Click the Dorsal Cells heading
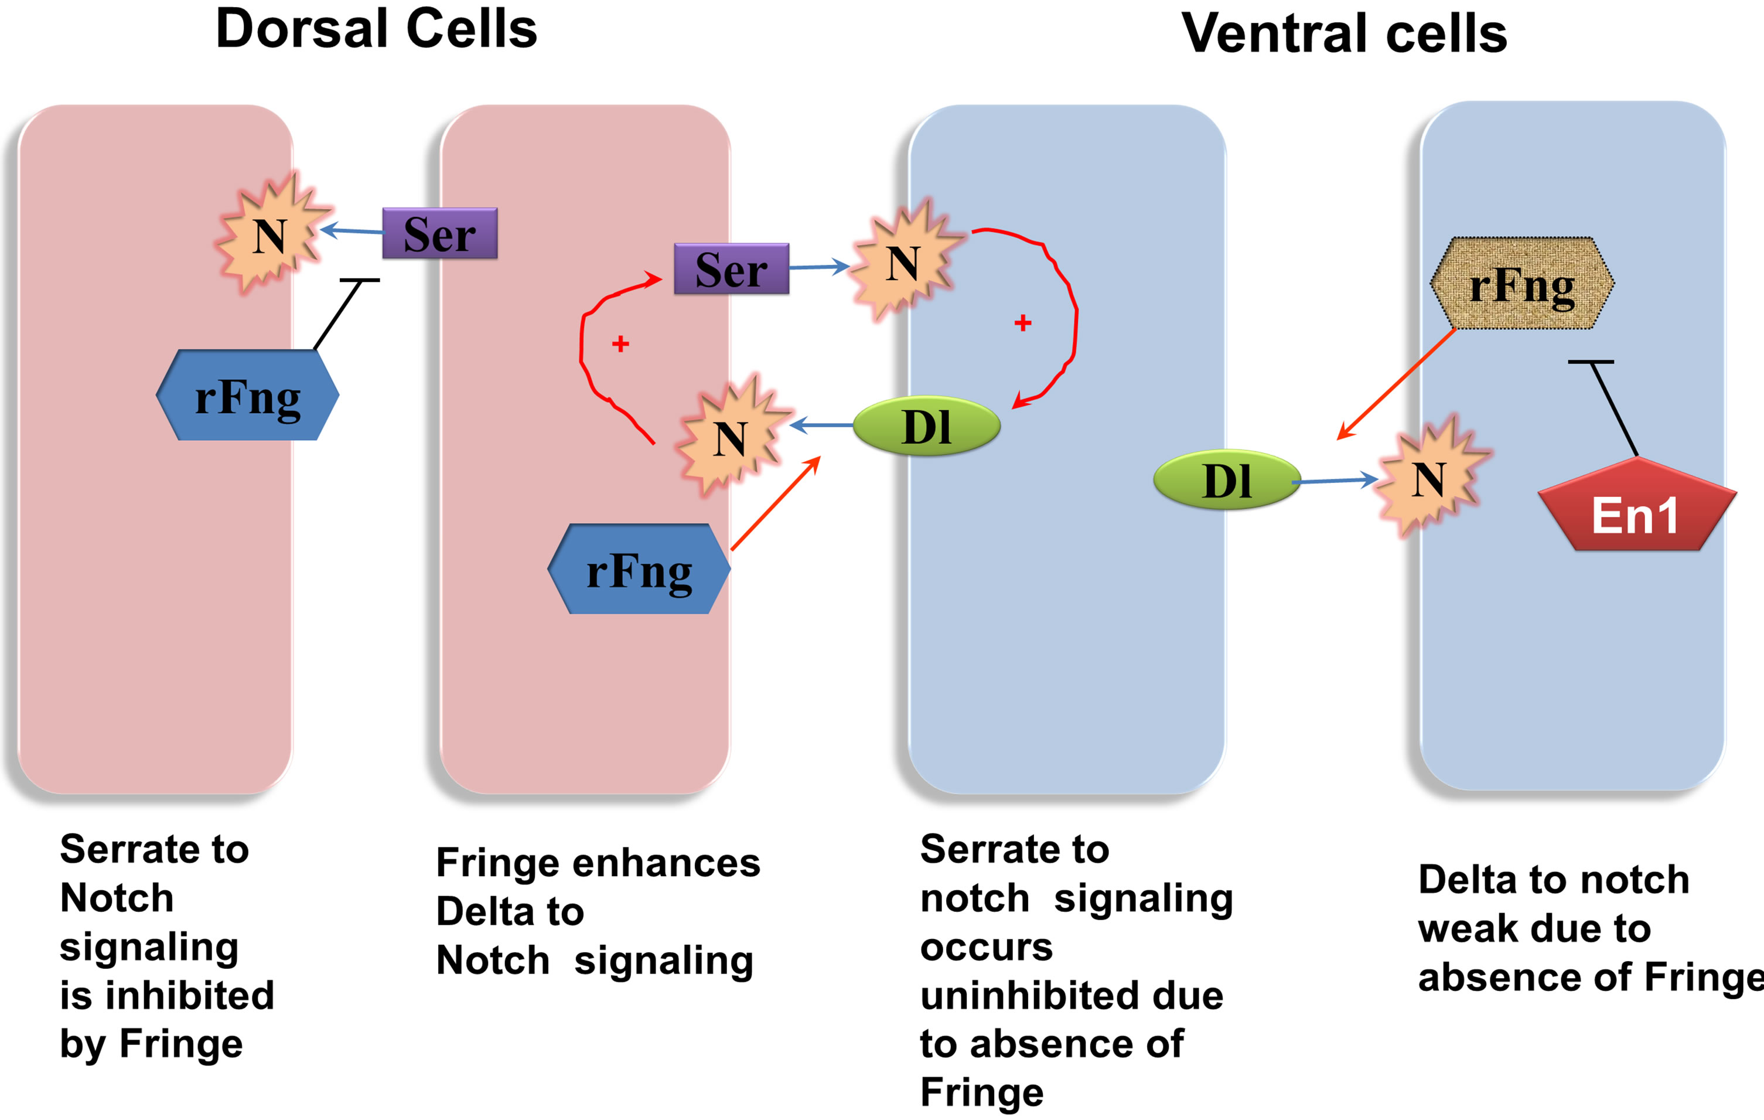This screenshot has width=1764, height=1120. (x=377, y=29)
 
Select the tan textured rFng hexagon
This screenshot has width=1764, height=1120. (x=1522, y=283)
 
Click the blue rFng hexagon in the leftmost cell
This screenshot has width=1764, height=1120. (x=248, y=395)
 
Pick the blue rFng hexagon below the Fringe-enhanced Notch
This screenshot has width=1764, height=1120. (x=639, y=569)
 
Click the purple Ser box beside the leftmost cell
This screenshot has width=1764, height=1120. (x=439, y=233)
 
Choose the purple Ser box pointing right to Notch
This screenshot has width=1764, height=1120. (x=731, y=269)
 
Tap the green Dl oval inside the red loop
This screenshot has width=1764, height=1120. (x=927, y=426)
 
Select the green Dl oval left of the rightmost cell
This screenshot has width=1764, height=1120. (x=1227, y=480)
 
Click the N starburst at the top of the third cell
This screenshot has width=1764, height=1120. (x=903, y=261)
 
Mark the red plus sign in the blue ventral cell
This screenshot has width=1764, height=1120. (x=1023, y=322)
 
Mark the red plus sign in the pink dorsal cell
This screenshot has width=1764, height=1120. (x=620, y=344)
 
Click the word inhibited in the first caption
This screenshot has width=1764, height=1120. (x=190, y=995)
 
